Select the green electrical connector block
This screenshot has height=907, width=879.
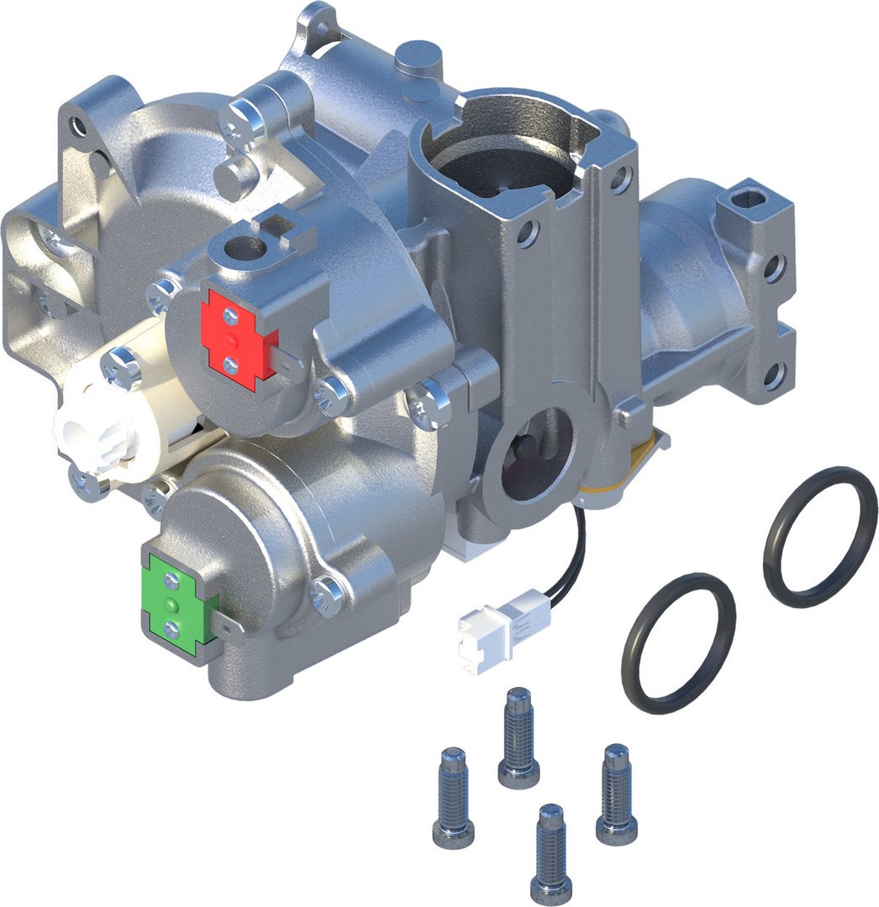coord(177,601)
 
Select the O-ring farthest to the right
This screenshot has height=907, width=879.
coord(819,537)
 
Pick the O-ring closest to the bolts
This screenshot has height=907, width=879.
coord(678,642)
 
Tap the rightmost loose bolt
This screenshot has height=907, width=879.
coord(616,794)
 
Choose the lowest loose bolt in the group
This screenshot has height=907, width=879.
coord(551,853)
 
